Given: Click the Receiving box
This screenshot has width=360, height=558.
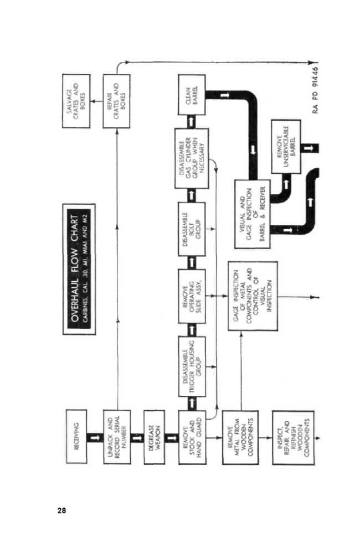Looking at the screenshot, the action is coord(76,436).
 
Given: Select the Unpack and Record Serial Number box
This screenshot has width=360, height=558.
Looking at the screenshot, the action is coord(117,437).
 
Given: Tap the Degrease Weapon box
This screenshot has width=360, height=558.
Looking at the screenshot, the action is coord(154,437).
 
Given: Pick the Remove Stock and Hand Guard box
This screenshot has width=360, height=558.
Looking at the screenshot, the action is coord(192,437).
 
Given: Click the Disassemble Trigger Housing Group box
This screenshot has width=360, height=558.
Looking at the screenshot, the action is coord(192,366).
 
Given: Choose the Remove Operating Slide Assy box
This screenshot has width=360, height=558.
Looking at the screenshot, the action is coord(192,296).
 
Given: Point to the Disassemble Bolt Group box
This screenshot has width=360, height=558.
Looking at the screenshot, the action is coord(192,229).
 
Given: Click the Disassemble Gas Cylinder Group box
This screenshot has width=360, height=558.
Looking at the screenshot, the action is coord(192,158).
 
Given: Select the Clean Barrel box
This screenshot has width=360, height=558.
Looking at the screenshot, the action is coord(192,95).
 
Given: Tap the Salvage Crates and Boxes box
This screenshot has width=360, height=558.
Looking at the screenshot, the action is coord(76,101).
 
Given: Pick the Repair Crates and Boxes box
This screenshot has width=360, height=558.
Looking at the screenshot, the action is coord(116,101).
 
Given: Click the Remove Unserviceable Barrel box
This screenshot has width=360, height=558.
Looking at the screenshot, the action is coord(286,146).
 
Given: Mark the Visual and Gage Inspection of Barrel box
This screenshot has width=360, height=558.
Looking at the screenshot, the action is coord(252,214).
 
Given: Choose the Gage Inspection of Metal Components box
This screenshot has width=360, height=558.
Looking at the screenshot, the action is coord(253,296).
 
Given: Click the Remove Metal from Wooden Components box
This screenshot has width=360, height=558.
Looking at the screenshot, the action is coord(240,437).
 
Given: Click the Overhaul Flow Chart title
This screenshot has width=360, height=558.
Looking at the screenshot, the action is coord(79,269).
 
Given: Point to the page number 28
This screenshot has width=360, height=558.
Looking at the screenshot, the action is coord(61,510).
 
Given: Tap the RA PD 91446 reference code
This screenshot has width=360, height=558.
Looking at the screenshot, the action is coord(315,90).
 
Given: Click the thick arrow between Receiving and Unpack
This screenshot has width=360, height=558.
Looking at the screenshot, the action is coord(95,437).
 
